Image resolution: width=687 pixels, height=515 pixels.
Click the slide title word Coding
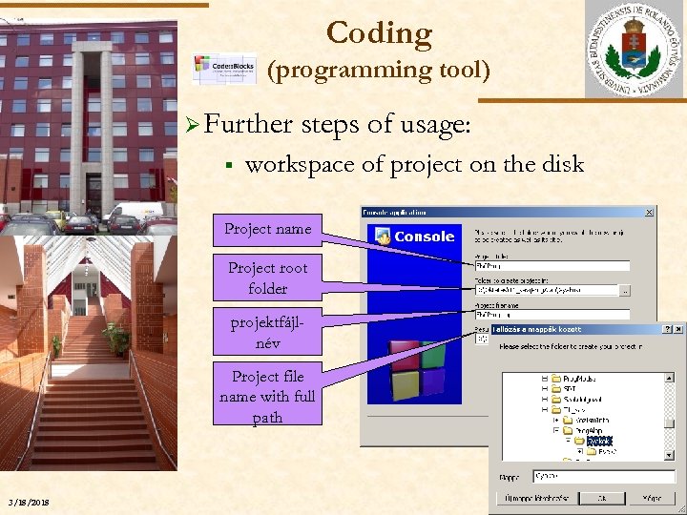379,33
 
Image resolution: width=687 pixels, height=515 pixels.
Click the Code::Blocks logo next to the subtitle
224,70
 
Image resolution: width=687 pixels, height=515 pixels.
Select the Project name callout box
267,229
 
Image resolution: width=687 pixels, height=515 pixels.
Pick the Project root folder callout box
267,278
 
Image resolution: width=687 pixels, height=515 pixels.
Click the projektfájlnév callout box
267,332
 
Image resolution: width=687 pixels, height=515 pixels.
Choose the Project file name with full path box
267,396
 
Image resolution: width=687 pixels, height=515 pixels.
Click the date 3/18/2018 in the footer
29,503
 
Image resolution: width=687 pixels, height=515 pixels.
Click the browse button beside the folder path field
625,290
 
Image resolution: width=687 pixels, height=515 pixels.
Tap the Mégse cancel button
652,498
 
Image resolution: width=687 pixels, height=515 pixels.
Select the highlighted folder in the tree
600,441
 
